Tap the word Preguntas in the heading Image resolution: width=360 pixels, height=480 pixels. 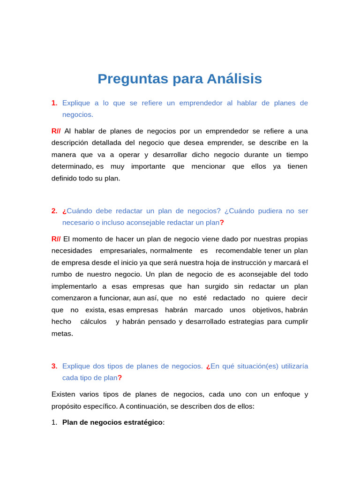pyautogui.click(x=133, y=79)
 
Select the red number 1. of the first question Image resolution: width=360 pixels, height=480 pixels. pyautogui.click(x=54, y=103)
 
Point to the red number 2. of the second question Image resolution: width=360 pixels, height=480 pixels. pyautogui.click(x=54, y=211)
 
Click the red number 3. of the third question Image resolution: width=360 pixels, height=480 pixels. pyautogui.click(x=54, y=366)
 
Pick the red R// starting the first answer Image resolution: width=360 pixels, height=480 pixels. pyautogui.click(x=56, y=131)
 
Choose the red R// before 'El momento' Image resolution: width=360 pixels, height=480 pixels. pyautogui.click(x=56, y=239)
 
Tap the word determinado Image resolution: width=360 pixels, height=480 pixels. pyautogui.click(x=73, y=166)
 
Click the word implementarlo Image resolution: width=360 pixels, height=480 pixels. pyautogui.click(x=75, y=286)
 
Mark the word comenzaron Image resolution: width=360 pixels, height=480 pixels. pyautogui.click(x=71, y=298)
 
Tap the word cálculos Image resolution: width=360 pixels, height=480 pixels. pyautogui.click(x=93, y=322)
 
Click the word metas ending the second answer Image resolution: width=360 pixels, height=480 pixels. pyautogui.click(x=62, y=334)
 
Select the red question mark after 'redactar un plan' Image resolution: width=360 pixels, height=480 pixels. pyautogui.click(x=222, y=223)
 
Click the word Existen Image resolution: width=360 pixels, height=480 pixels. pyautogui.click(x=63, y=394)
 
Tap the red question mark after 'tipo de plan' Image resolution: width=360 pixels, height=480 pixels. pyautogui.click(x=120, y=378)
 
